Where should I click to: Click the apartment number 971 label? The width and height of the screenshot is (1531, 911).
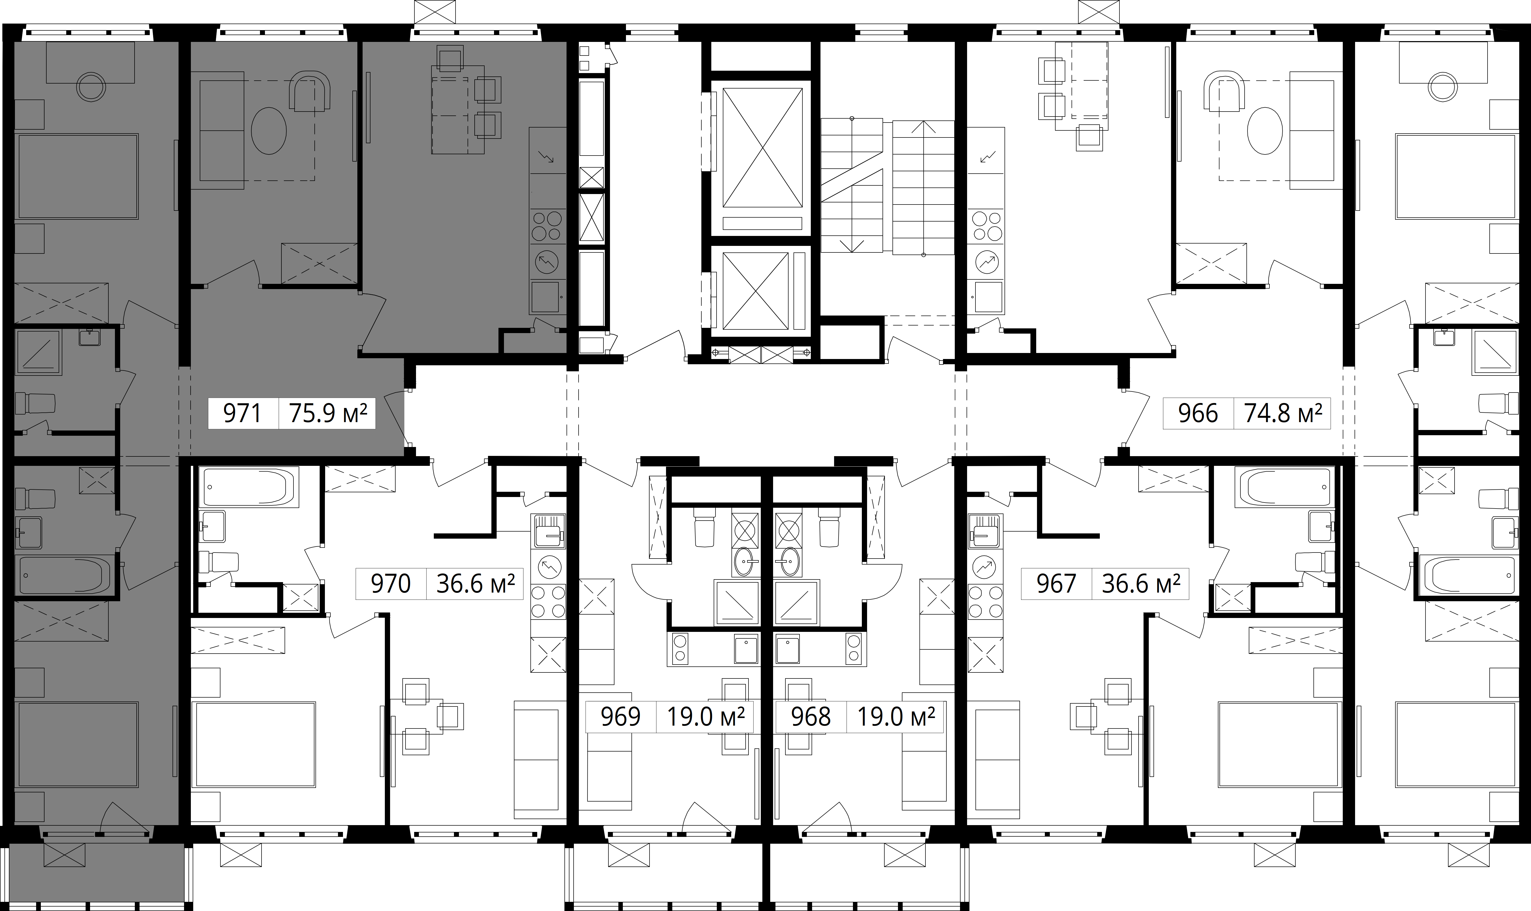(243, 413)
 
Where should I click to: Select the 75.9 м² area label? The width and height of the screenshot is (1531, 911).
(328, 413)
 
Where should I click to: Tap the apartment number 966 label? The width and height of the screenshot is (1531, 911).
(1198, 413)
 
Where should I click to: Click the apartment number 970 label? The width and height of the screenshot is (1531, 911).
(391, 583)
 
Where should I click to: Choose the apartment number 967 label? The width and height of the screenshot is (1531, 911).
(1056, 583)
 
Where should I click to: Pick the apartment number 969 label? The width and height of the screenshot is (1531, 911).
(620, 716)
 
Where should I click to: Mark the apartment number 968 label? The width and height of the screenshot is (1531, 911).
(811, 716)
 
